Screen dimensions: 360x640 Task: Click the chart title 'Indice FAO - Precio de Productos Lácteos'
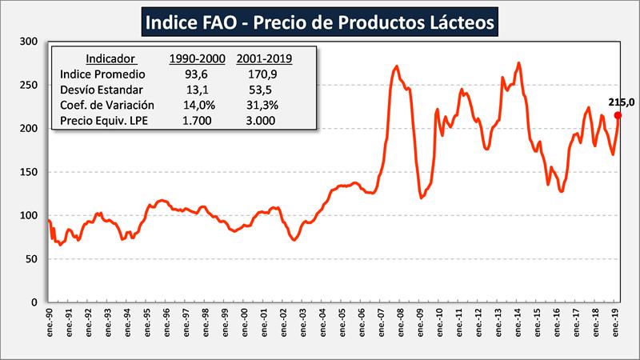(320, 22)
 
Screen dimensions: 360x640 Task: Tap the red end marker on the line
(618, 115)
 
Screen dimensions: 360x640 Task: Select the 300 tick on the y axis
(31, 42)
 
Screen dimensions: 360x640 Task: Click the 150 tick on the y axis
(31, 172)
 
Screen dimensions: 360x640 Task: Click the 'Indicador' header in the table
(110, 58)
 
